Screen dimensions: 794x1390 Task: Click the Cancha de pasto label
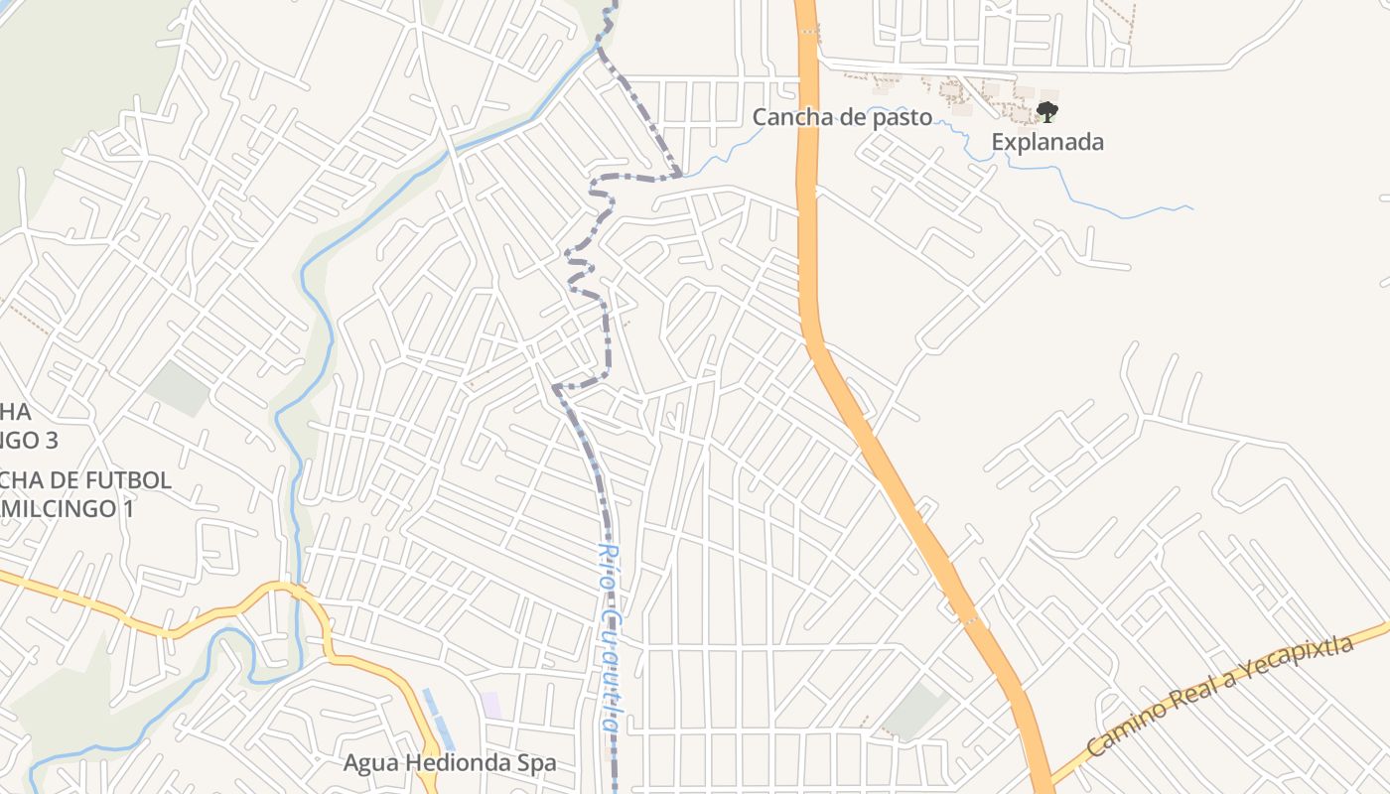pos(842,117)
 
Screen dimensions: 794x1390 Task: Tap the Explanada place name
pos(1047,142)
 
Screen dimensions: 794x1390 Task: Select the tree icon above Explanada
pos(1046,111)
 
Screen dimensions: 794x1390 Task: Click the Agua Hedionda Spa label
pos(450,763)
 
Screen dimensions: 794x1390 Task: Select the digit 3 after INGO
pos(52,439)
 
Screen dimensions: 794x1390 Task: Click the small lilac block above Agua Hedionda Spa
pos(490,706)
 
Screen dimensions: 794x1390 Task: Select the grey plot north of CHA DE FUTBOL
pos(178,388)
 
